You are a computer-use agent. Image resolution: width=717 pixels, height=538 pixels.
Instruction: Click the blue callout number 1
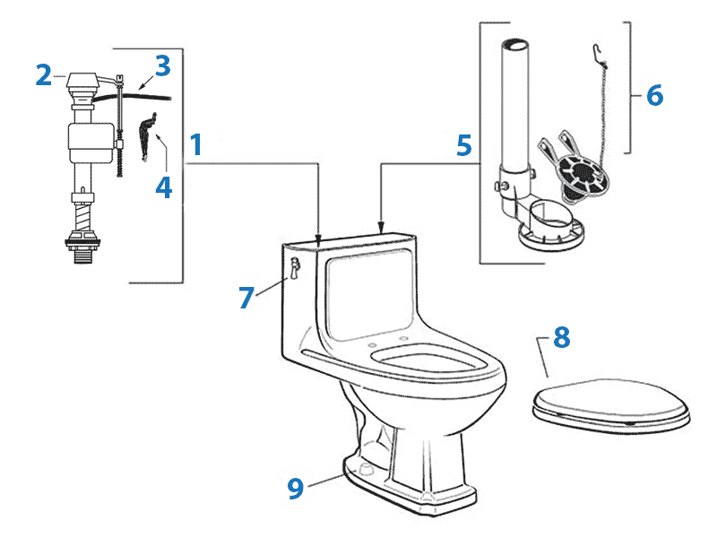[196, 144]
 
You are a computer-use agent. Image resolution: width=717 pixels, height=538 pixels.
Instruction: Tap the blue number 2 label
[43, 75]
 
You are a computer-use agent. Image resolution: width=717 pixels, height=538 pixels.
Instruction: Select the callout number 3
[161, 66]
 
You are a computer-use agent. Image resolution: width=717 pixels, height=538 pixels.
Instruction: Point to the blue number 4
[163, 187]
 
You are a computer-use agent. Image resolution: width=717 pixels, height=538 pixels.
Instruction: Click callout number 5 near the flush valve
[462, 144]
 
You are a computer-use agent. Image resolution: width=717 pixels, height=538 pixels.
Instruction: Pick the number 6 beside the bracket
[654, 94]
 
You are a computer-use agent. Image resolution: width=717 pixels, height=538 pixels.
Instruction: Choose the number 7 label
[246, 298]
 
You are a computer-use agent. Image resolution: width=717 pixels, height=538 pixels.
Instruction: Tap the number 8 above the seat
[561, 337]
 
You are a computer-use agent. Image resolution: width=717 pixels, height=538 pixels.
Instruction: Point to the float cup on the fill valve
[87, 143]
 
